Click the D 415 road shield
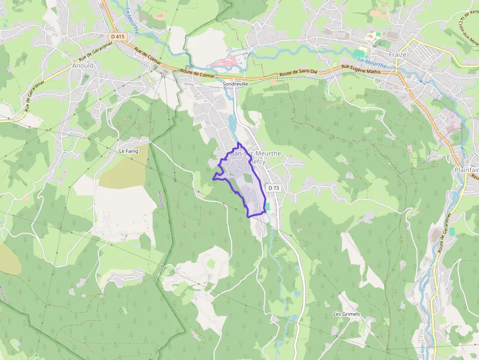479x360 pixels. (117, 36)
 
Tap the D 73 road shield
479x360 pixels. (273, 188)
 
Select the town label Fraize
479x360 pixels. (397, 55)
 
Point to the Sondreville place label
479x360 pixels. (236, 84)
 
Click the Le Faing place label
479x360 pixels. (129, 151)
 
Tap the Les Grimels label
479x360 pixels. (346, 314)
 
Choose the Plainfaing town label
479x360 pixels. (466, 169)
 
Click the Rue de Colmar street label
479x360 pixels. (148, 57)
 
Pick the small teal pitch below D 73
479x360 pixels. (267, 207)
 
